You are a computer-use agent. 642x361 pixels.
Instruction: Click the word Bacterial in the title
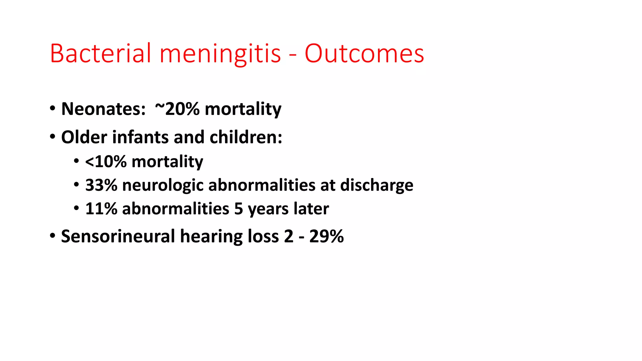[100, 53]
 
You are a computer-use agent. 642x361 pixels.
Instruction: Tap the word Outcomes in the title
[364, 53]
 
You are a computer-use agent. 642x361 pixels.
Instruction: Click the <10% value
[106, 162]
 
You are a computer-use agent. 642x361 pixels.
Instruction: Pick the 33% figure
[101, 185]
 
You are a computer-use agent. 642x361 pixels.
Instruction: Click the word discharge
[376, 186]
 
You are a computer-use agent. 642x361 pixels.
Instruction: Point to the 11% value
[101, 209]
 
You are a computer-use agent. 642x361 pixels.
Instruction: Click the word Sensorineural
[118, 236]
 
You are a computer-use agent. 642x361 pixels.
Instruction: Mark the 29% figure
[326, 236]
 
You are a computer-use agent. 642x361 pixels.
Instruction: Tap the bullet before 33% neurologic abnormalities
[76, 184]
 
